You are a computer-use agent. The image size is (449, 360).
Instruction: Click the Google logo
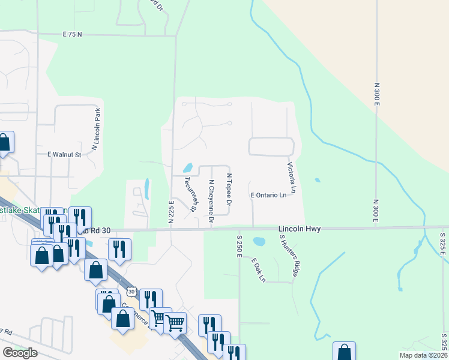20,353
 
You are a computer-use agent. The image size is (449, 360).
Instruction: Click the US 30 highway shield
131,292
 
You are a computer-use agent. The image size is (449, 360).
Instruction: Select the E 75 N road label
71,35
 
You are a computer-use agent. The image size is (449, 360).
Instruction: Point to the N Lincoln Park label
94,129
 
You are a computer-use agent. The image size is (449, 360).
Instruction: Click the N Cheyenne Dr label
211,202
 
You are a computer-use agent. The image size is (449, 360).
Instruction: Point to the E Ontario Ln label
268,195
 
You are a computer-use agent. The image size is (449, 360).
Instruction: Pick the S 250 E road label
238,247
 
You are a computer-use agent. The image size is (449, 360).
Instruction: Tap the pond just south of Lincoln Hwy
259,242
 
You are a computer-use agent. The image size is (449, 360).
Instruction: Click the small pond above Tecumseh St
187,167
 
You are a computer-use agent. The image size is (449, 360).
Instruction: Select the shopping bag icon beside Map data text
345,352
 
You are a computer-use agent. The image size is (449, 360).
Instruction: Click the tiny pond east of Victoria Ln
316,179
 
